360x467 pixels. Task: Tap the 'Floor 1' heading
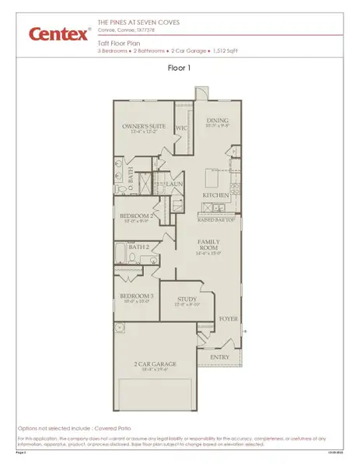[180, 68]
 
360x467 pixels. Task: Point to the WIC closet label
[182, 127]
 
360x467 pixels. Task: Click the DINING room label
[218, 121]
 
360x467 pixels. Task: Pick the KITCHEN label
[215, 195]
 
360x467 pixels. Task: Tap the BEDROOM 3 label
[135, 297]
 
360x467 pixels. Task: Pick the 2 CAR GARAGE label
[156, 364]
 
